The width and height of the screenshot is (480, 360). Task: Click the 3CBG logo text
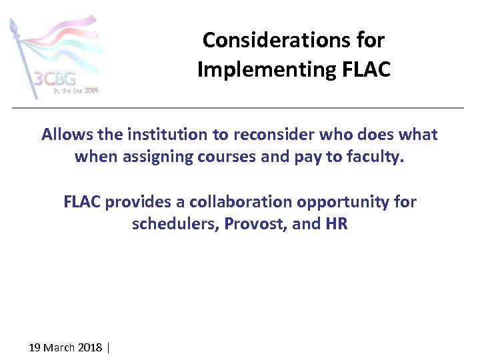coord(55,79)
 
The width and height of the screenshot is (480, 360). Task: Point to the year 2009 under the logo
coord(91,91)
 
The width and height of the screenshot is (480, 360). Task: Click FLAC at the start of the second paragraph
coord(82,201)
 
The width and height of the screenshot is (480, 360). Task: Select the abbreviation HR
coord(336,223)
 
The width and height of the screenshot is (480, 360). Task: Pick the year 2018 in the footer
coord(91,347)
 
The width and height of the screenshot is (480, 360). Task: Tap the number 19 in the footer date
coord(35,347)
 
